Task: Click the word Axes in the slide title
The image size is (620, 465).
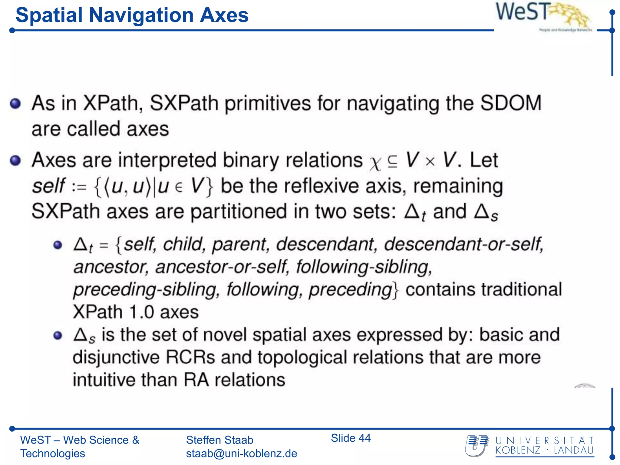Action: [x=224, y=15]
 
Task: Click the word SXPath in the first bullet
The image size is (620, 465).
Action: [x=184, y=104]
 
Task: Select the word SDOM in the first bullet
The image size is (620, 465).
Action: [x=511, y=104]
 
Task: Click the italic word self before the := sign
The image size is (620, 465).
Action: [x=48, y=186]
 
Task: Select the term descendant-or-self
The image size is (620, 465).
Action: [x=463, y=244]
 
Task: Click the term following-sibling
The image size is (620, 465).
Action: [x=364, y=267]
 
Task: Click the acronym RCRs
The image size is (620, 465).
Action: [x=190, y=358]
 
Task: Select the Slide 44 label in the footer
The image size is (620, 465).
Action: [x=351, y=438]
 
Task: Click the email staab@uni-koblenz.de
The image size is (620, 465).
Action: [x=241, y=453]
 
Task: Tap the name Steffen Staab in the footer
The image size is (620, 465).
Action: [x=219, y=440]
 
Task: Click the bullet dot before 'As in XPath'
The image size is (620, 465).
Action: [x=15, y=104]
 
